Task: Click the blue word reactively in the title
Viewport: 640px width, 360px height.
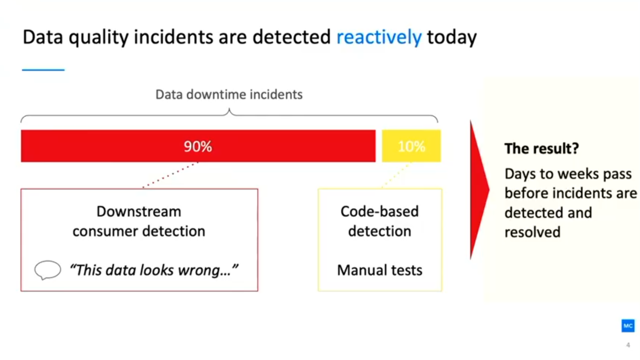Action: coord(379,37)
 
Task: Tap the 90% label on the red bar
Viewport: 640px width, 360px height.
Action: coord(198,146)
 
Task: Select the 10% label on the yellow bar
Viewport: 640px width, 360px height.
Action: coord(412,146)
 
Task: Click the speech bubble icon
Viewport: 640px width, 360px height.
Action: coord(47,270)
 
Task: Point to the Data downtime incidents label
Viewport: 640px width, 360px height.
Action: coord(229,94)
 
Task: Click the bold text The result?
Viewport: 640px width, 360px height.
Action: coord(542,148)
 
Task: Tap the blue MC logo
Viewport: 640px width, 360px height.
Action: coord(628,325)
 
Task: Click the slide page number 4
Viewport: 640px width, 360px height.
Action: coord(628,345)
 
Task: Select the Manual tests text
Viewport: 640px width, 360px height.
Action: coord(380,270)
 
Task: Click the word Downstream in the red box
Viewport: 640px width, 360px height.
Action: coord(139,211)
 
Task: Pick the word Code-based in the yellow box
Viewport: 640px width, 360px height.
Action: coord(380,211)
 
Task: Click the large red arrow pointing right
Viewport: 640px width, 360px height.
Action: coord(480,189)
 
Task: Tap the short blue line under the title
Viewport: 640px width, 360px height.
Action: coord(43,70)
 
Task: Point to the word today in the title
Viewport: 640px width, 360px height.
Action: coord(452,37)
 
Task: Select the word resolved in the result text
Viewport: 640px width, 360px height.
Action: coord(533,232)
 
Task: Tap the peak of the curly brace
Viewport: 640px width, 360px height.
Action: coord(229,109)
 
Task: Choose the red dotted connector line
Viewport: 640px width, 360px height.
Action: coord(170,175)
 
